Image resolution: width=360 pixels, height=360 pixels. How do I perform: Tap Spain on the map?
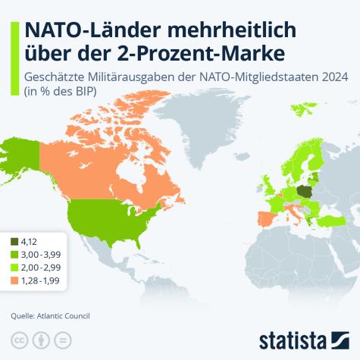tap(268, 220)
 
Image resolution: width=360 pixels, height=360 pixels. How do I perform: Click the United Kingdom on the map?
tap(275, 184)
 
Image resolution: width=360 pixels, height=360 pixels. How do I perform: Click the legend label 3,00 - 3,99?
tap(43, 255)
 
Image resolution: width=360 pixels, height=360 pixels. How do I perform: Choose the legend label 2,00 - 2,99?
tap(43, 268)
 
